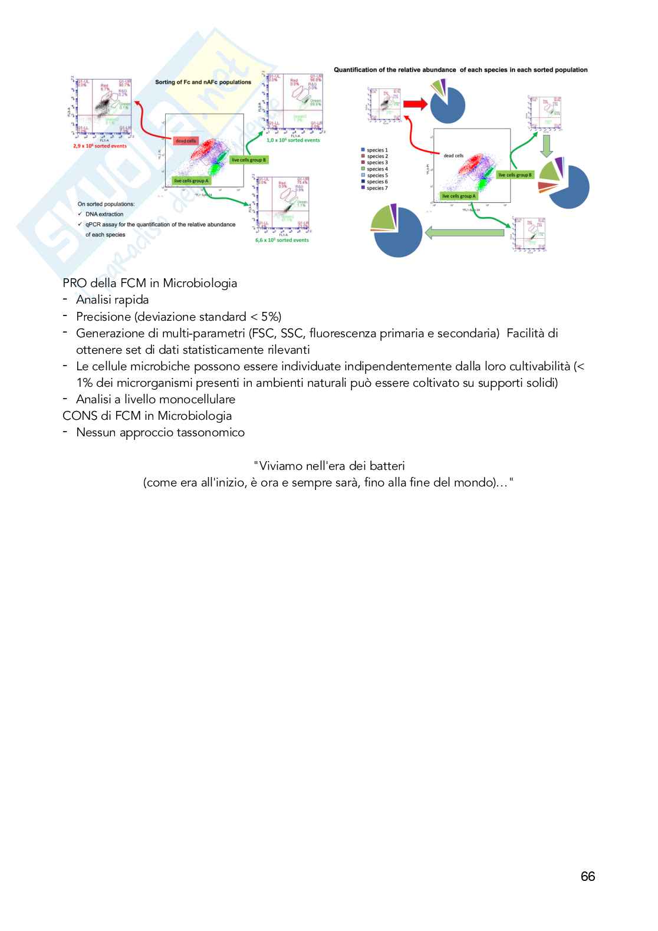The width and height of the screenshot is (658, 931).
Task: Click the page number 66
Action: [587, 876]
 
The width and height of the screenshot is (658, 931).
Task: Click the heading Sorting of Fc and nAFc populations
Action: [203, 82]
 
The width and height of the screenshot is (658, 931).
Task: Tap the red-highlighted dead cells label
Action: [185, 141]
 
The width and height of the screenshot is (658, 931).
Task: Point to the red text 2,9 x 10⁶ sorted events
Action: [100, 146]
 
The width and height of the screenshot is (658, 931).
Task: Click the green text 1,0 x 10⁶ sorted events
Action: [293, 140]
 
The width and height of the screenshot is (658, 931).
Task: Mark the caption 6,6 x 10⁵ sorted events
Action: [282, 240]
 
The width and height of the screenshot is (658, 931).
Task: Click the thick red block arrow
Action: [416, 104]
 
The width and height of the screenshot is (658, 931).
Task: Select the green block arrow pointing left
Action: [464, 233]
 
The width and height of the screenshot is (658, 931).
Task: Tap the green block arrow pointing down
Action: [546, 145]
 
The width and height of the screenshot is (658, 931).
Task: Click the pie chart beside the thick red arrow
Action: [448, 104]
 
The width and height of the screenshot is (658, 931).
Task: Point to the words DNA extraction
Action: [104, 214]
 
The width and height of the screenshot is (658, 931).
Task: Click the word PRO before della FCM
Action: [75, 283]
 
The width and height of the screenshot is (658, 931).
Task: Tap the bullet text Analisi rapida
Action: [112, 300]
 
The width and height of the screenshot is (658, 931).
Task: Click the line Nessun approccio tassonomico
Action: [160, 432]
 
